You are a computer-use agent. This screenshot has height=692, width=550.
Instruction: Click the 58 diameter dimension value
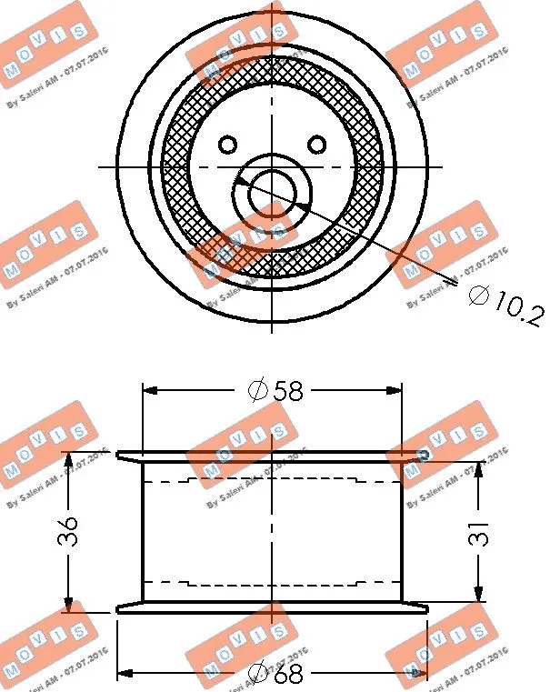coord(288,391)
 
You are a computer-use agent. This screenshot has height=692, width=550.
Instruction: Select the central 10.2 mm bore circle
coord(272,192)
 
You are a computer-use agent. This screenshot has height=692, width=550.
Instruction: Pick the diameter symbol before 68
coord(258,675)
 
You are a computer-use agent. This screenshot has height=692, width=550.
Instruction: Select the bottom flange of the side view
coord(273,608)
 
